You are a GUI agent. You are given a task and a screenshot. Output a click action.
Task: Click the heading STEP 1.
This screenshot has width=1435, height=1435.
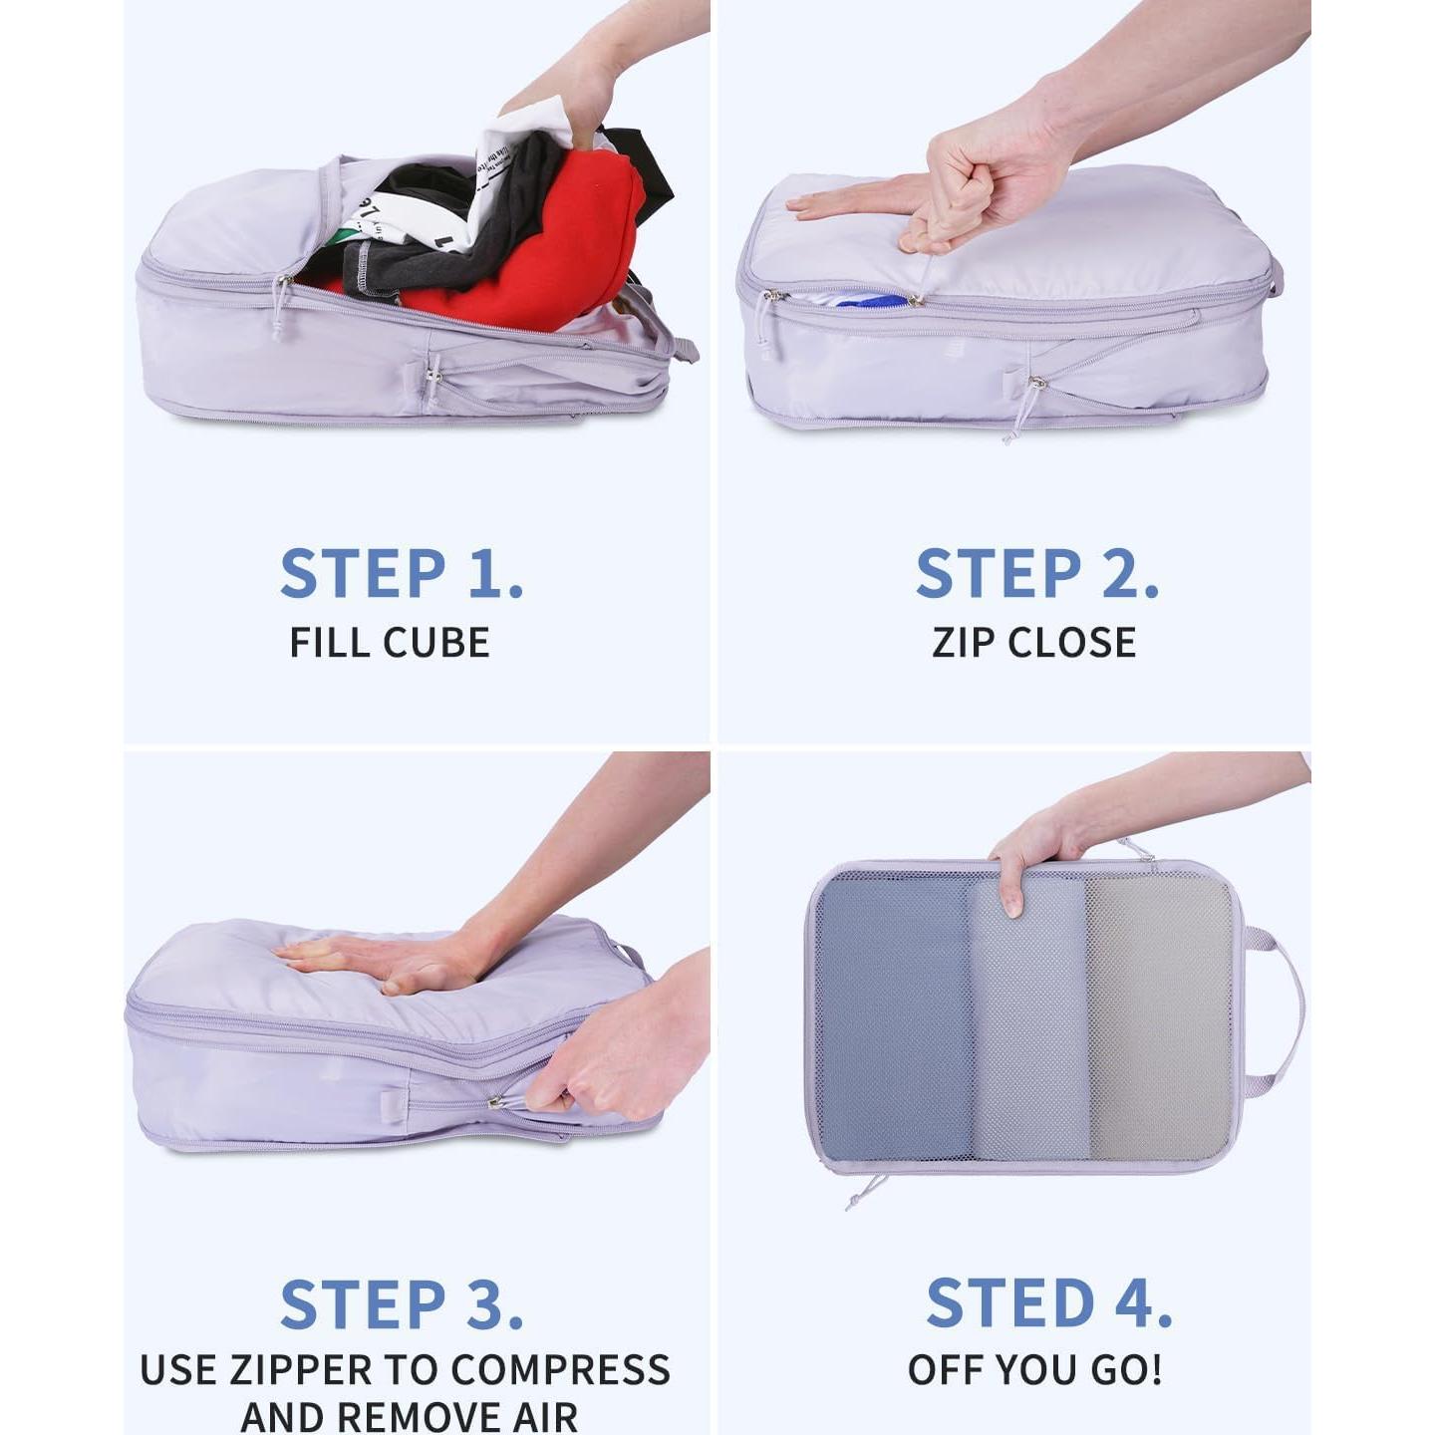coord(402,574)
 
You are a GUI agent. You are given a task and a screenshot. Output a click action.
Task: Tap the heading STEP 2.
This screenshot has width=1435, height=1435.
coord(1036,574)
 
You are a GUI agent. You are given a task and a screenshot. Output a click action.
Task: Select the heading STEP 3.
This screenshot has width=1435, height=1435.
coord(402,1305)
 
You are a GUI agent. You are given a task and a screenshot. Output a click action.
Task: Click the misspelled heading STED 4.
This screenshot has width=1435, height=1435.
coord(1048,1303)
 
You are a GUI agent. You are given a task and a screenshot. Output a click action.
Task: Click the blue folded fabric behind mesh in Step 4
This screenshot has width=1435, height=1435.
coord(892,1016)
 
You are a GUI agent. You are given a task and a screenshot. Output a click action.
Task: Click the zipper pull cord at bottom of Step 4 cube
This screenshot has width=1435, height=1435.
coord(865,1191)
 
